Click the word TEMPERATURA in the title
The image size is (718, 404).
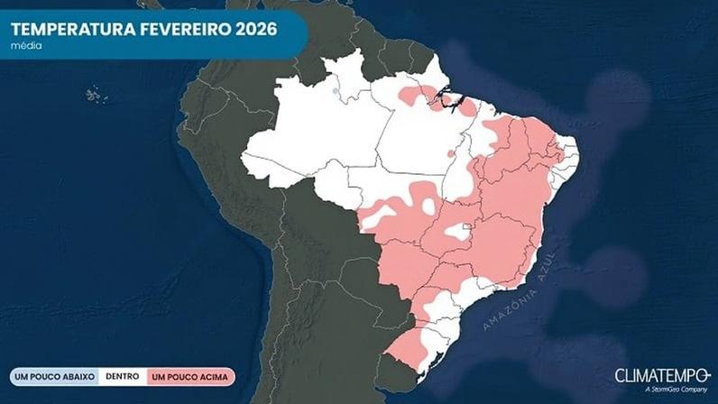[x=63, y=27]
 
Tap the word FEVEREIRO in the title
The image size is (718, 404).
[x=170, y=27]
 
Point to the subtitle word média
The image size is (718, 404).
[x=24, y=45]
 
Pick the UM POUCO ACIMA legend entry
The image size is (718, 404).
[x=189, y=376]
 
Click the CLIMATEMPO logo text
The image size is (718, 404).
[x=661, y=374]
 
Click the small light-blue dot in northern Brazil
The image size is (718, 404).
[x=336, y=90]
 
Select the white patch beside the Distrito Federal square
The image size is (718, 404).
[x=457, y=233]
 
